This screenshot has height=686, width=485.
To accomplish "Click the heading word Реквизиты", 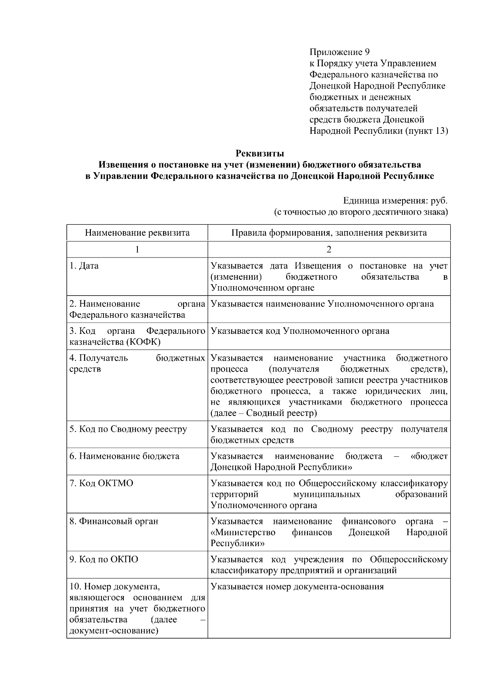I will point(260,154).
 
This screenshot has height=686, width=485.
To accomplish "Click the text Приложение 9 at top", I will point(339,52).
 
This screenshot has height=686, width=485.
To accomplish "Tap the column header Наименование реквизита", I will point(137,233).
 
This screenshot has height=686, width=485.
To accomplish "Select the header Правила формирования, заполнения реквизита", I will point(329,233).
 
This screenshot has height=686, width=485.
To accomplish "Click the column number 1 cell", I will point(137,249).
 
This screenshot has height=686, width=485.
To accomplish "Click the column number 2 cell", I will point(329,249).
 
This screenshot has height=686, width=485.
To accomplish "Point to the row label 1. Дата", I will point(84,266).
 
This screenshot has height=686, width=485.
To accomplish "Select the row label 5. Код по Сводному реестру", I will point(128,429).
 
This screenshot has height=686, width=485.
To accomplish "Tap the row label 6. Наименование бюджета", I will point(124,456).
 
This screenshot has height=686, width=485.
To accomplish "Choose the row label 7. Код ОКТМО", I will point(101,483).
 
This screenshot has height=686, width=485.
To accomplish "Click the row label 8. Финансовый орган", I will point(114,521).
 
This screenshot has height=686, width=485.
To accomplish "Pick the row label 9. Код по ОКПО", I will point(103,559).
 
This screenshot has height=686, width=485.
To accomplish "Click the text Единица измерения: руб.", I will point(395,201).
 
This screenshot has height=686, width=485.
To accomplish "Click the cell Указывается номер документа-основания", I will point(297,587).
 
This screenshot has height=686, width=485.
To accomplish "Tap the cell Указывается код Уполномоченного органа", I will point(300,331).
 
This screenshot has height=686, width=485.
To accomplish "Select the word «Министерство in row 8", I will point(243,532).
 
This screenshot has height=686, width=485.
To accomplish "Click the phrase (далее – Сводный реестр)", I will point(264,413).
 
